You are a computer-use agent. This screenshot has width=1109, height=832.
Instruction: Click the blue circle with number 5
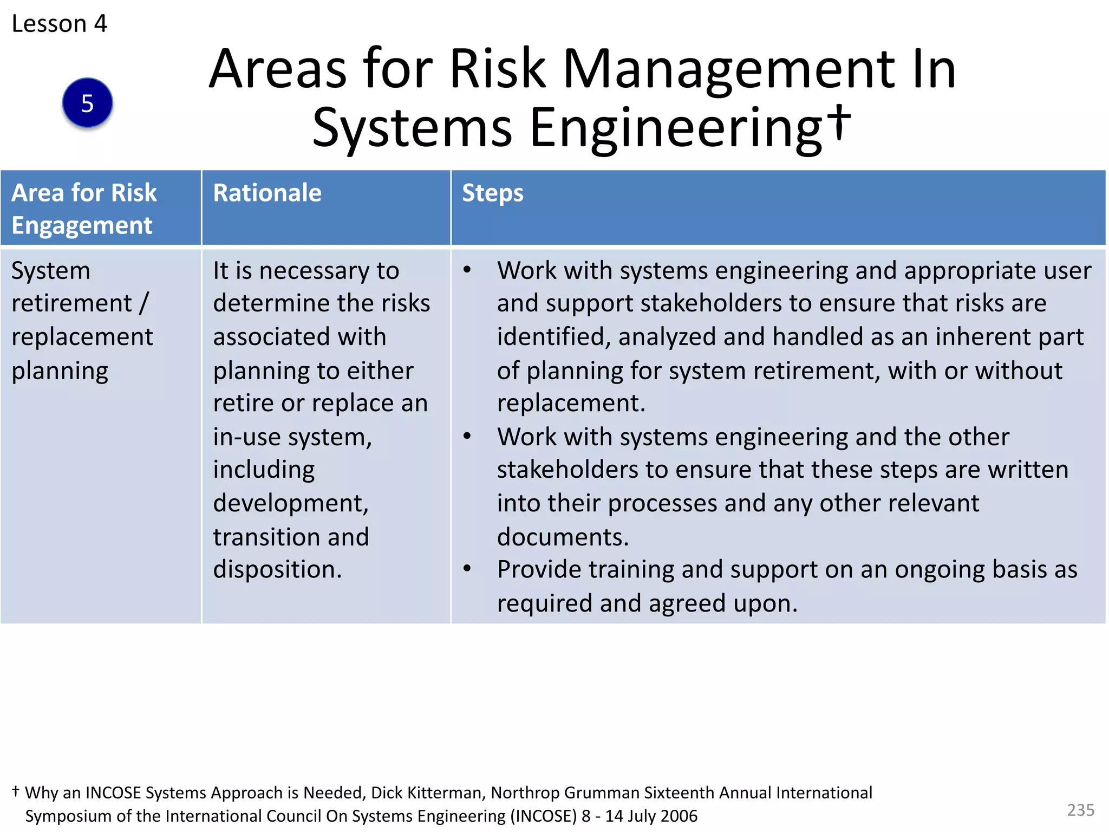pos(87,103)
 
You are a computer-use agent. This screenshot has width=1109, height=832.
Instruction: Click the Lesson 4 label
pos(59,24)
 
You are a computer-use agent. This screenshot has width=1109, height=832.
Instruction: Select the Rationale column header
pos(267,193)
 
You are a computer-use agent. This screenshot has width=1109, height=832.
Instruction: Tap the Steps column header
pos(492,193)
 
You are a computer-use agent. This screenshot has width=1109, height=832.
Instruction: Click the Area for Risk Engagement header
pos(84,209)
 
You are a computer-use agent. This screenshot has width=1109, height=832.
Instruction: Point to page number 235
pos(1080,810)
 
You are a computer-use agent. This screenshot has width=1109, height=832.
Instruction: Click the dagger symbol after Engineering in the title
pos(839,122)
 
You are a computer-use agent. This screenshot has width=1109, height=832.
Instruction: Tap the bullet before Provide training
pos(467,569)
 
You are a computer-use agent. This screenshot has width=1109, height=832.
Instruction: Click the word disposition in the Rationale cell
pos(277,569)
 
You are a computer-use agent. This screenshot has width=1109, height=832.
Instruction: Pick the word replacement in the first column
pos(82,337)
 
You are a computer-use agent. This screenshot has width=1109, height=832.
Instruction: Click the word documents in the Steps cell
pos(563,537)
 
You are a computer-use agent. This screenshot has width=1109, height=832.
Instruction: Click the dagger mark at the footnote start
pos(16,791)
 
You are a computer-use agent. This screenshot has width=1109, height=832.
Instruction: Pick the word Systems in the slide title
pos(412,128)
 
